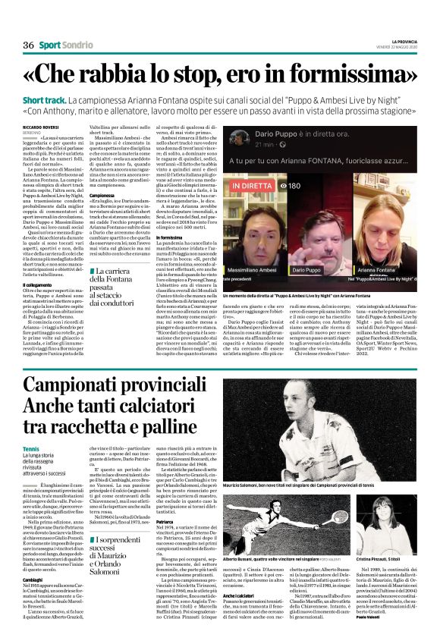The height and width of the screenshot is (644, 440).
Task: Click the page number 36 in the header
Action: [x=28, y=46]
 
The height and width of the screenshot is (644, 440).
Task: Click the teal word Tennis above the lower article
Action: [x=32, y=449]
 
